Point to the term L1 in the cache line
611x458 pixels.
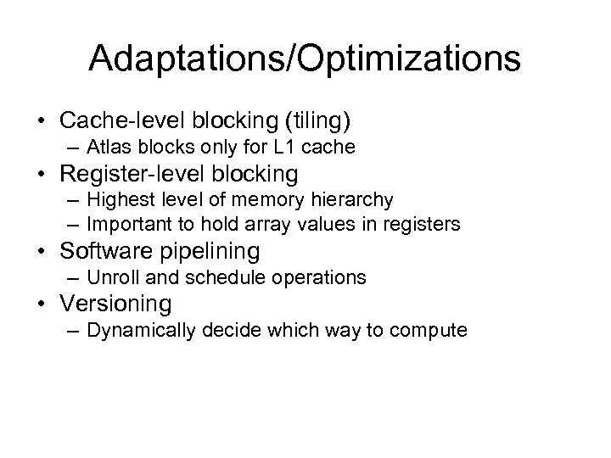click(282, 148)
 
